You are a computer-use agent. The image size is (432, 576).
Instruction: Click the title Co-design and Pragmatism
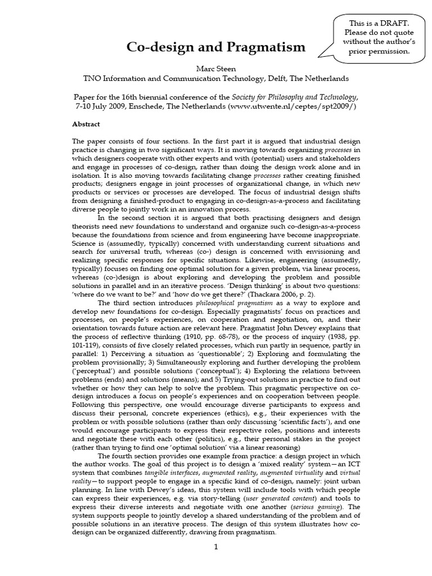point(216,47)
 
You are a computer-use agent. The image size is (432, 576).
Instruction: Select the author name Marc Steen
point(216,68)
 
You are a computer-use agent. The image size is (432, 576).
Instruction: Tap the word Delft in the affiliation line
point(277,78)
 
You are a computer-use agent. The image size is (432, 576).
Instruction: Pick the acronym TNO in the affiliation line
point(93,78)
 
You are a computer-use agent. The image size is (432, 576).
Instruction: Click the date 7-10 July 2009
point(105,106)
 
